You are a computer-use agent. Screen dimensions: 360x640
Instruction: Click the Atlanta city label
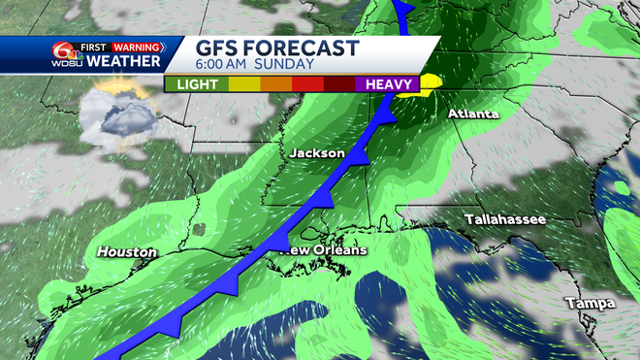click(473, 115)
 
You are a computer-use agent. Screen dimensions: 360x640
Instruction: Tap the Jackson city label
click(317, 153)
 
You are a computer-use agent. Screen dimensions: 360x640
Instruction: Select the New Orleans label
click(325, 250)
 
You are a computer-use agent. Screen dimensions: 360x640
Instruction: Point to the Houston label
click(126, 252)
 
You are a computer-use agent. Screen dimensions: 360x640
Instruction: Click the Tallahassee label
click(504, 219)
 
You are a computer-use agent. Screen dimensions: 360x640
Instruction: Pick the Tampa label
click(591, 304)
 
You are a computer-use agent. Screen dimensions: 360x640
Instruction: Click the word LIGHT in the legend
click(195, 84)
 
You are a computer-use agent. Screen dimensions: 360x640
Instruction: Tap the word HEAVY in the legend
click(390, 84)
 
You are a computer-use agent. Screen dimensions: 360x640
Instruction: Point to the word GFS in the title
click(218, 48)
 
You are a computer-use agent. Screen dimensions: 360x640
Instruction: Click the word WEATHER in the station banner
click(124, 61)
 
